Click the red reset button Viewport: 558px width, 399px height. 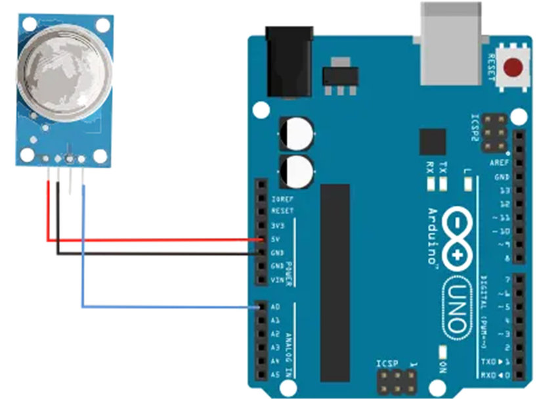click(513, 68)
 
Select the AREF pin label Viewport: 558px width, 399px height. click(500, 162)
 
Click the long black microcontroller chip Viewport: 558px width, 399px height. click(335, 283)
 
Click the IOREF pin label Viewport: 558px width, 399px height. click(279, 198)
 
